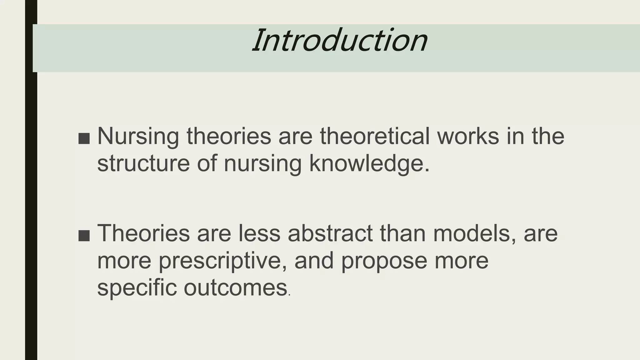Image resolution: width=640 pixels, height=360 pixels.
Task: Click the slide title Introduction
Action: [340, 41]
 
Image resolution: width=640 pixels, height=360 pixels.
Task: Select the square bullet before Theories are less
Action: [84, 236]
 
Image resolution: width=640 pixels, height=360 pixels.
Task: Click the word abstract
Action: [330, 233]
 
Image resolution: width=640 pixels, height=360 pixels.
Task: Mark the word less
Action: [259, 233]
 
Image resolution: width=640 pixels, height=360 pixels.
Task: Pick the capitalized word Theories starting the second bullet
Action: [143, 233]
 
